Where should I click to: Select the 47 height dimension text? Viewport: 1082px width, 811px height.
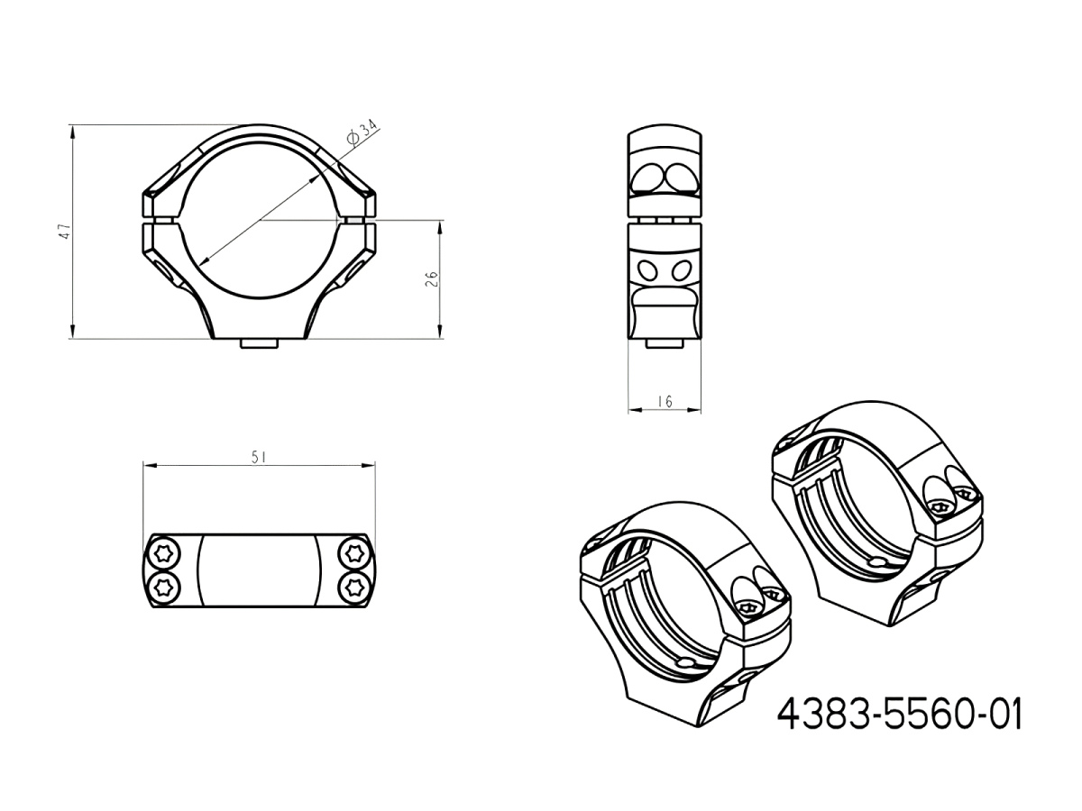[63, 232]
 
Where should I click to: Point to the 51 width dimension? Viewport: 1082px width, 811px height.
[259, 457]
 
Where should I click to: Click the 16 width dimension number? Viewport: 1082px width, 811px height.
[665, 402]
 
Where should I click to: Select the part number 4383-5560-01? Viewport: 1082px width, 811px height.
[899, 715]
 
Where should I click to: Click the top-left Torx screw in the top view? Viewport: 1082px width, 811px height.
[164, 551]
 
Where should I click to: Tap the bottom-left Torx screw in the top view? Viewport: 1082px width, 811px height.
[164, 587]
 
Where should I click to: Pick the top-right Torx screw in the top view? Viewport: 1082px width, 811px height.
[353, 551]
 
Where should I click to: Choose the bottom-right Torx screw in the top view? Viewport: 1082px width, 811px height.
[353, 587]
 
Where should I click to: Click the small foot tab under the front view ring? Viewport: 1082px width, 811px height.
[259, 345]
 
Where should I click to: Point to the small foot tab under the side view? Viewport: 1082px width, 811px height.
[665, 344]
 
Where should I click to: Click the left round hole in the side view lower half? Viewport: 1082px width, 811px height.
[646, 269]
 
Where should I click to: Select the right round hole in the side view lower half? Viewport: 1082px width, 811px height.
[683, 269]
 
